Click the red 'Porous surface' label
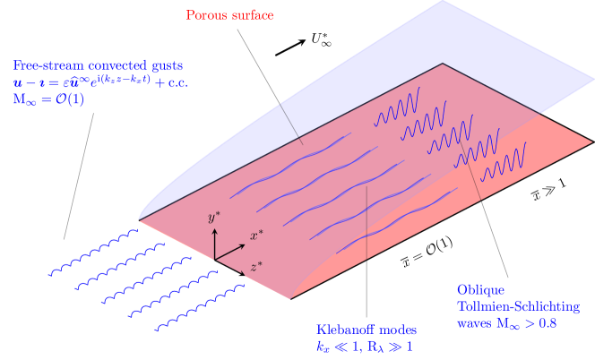(x=230, y=15)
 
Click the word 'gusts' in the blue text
(x=167, y=65)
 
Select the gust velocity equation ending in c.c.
(x=100, y=82)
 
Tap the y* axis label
(x=213, y=218)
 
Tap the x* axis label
(x=255, y=236)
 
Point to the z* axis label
(x=256, y=266)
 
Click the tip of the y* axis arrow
(x=214, y=227)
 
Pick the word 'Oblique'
(x=481, y=291)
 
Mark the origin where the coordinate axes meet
(x=214, y=259)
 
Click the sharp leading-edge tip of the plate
(x=138, y=219)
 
